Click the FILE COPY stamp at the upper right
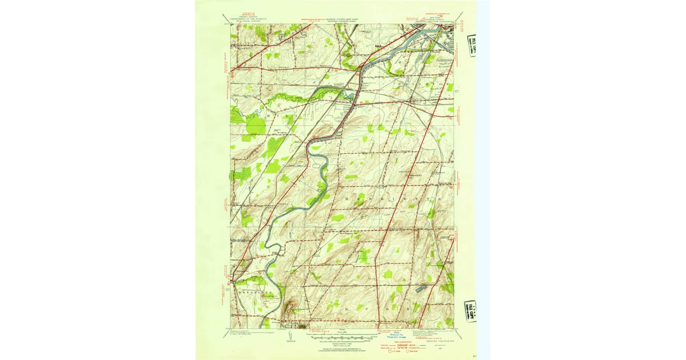click(470, 46)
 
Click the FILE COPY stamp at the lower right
click(470, 311)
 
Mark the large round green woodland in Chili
click(256, 126)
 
